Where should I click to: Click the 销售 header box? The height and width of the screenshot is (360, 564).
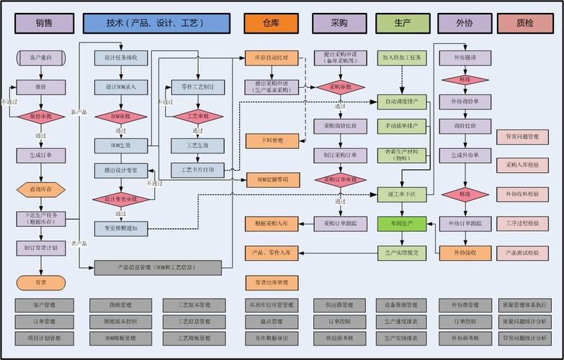(44, 23)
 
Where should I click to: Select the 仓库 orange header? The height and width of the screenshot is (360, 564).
(271, 23)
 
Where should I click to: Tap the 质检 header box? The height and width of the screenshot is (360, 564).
(525, 23)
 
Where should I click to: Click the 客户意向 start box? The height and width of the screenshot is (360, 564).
(40, 56)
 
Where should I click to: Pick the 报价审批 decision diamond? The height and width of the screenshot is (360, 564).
(40, 116)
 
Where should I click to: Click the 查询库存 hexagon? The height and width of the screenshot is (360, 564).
(40, 189)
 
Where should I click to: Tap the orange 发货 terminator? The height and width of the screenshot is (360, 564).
(40, 282)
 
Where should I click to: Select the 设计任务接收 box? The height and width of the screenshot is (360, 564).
(121, 57)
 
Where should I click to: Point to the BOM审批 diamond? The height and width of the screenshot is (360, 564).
(121, 116)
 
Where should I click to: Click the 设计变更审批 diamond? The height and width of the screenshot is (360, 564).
(121, 199)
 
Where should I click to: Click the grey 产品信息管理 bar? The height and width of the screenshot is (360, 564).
(158, 267)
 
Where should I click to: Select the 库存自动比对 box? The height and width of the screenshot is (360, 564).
(271, 57)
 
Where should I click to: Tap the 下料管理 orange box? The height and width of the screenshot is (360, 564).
(271, 140)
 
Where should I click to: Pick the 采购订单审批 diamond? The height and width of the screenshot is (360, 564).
(339, 179)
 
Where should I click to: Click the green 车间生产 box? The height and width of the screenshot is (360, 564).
(402, 224)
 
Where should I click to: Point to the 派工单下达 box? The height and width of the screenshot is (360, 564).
(402, 194)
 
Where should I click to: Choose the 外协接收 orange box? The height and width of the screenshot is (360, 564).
(465, 253)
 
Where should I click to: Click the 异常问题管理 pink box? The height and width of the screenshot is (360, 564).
(523, 136)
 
